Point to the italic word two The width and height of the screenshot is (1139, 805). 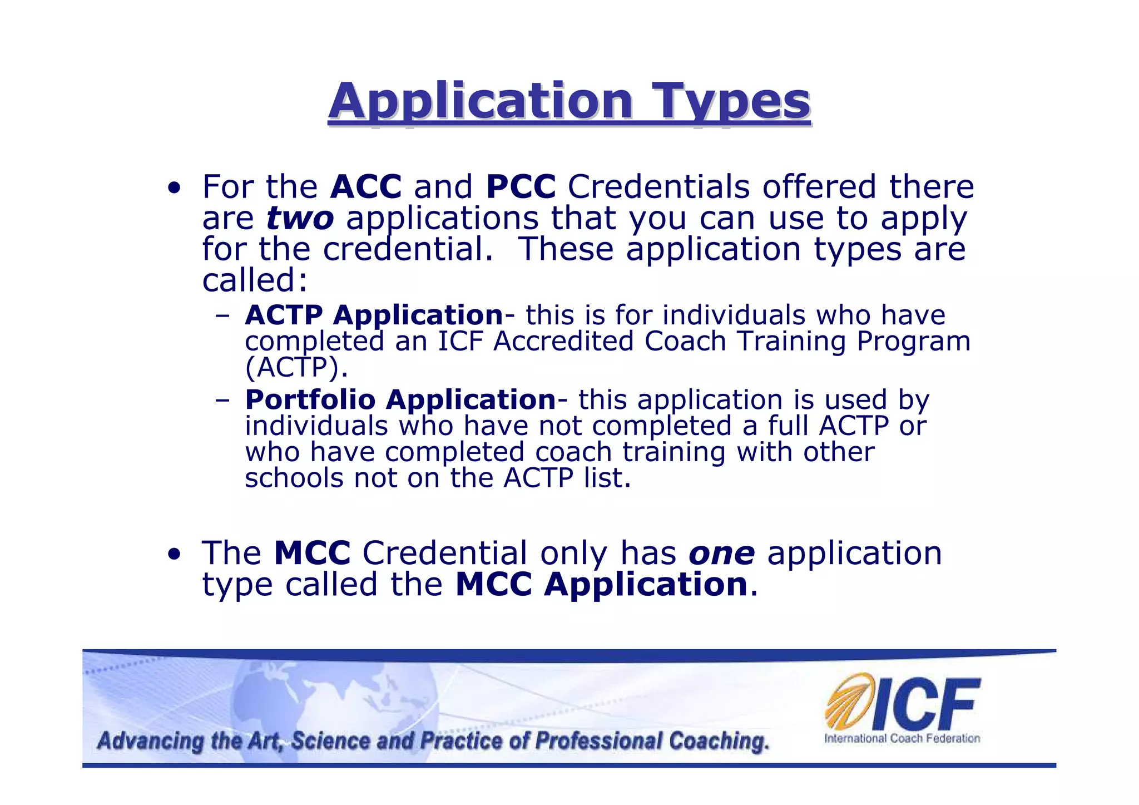[x=300, y=218]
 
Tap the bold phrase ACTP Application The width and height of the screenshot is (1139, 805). [x=374, y=315]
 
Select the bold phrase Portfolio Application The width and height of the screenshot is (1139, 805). [x=400, y=399]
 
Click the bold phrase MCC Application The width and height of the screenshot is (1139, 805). [x=601, y=585]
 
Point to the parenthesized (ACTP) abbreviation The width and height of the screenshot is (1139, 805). [x=296, y=367]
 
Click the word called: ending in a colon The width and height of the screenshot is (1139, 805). [x=255, y=280]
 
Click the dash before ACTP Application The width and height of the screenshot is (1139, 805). [x=223, y=316]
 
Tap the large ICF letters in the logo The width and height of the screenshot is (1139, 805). [x=925, y=704]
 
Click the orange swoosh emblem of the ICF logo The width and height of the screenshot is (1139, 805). [x=847, y=700]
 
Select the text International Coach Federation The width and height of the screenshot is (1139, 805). [x=902, y=739]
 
